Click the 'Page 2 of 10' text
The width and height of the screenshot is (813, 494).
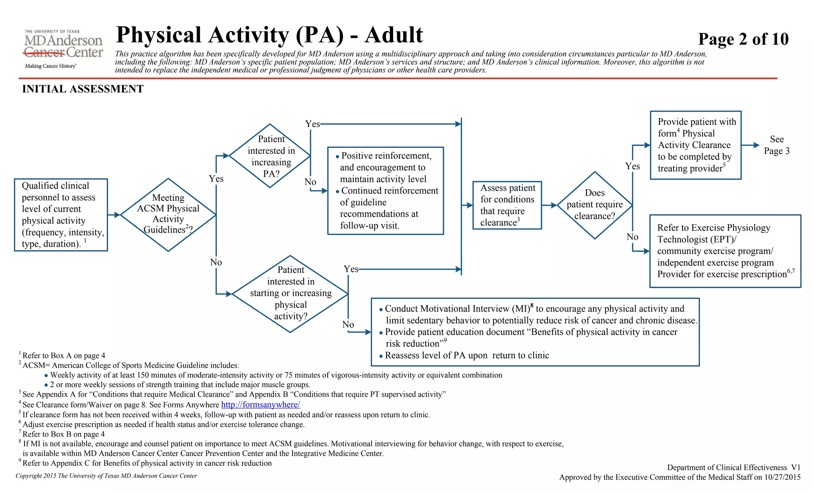(x=743, y=39)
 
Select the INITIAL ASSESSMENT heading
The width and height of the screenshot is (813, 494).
(x=83, y=89)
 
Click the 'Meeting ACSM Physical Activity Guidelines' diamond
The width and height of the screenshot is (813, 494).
(x=168, y=215)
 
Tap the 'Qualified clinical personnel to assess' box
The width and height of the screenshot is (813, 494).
(x=61, y=215)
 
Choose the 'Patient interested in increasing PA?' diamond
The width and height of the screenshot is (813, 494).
(x=270, y=156)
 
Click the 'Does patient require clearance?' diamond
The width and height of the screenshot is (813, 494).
(x=595, y=205)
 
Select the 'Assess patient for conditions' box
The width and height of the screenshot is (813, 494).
(x=507, y=205)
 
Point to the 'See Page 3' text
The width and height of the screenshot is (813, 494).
(x=776, y=145)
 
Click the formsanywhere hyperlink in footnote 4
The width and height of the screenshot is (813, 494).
(x=260, y=405)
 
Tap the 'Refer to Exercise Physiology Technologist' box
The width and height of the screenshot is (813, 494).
(x=725, y=251)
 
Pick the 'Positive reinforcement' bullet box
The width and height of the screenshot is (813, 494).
(x=385, y=191)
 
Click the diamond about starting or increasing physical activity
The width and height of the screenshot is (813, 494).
(x=291, y=294)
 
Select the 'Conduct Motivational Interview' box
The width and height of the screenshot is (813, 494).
(x=535, y=332)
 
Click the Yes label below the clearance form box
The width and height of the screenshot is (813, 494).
(x=632, y=166)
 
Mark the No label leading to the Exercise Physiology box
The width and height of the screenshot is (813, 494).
(x=632, y=237)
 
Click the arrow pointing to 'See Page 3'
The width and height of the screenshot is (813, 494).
(x=750, y=145)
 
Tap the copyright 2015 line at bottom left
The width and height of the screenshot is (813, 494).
(x=106, y=476)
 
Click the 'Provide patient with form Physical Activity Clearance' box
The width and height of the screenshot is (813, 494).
(x=695, y=145)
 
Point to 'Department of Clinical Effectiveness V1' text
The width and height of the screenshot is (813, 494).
(x=734, y=467)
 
